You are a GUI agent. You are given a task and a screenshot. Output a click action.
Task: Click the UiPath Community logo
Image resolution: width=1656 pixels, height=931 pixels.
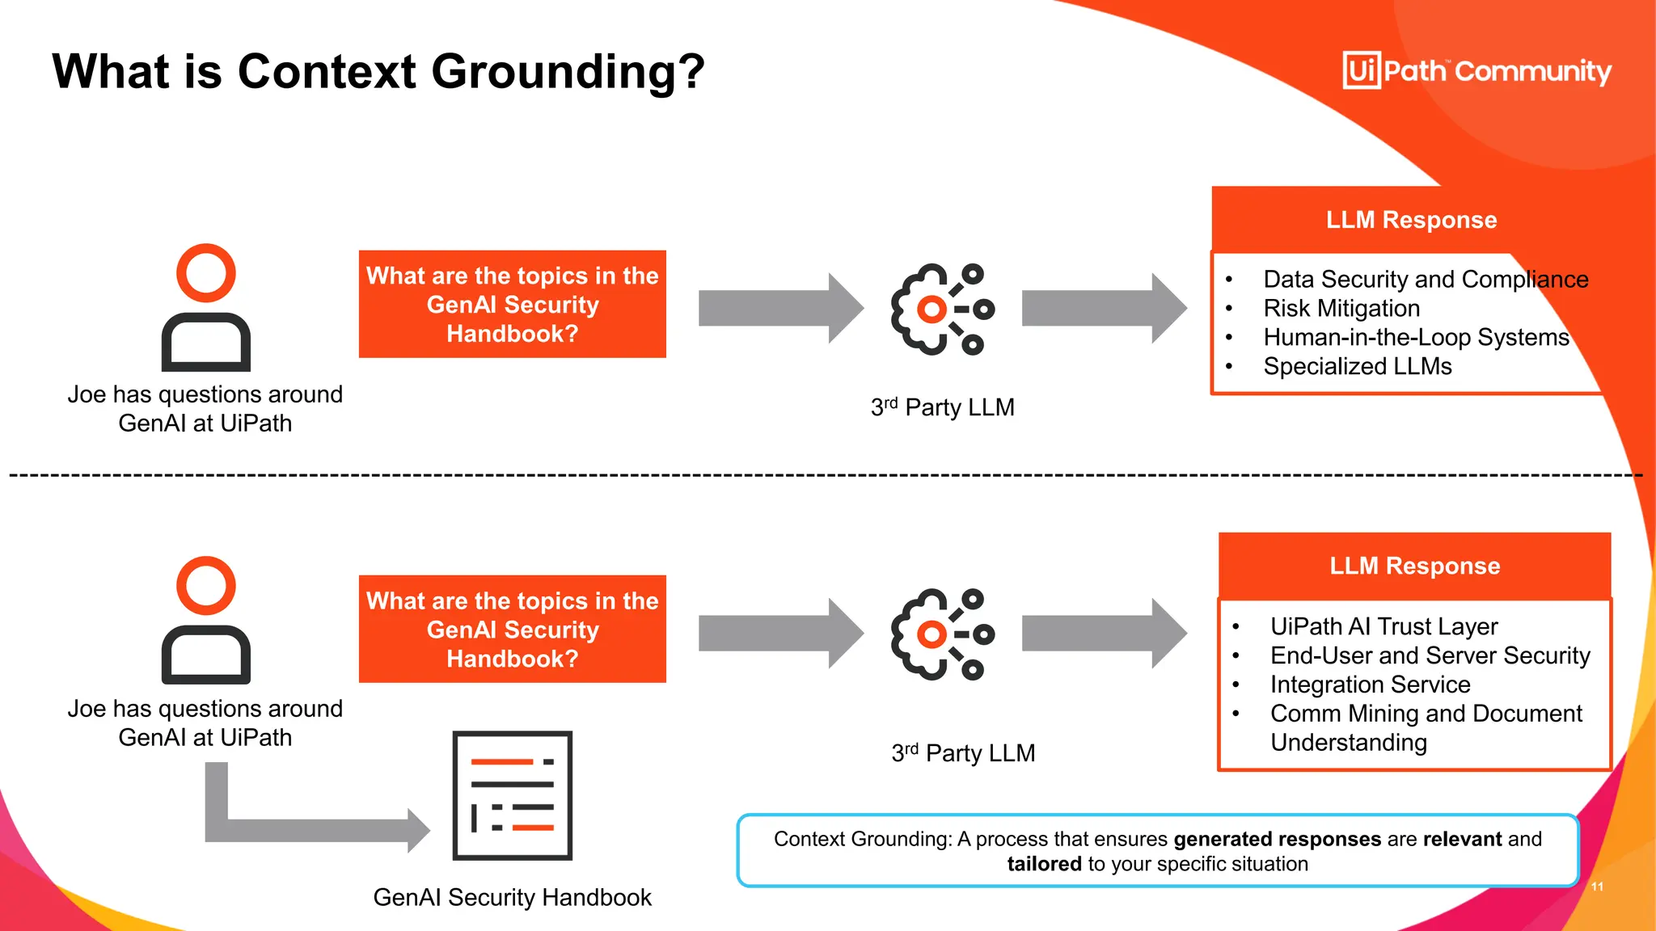point(1476,71)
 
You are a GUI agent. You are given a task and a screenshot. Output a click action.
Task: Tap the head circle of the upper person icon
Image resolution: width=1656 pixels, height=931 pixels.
point(206,273)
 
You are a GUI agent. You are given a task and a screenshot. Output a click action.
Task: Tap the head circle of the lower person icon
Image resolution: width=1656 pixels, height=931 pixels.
point(206,586)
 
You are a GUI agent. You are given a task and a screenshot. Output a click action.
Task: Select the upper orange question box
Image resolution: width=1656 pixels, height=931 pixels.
point(512,304)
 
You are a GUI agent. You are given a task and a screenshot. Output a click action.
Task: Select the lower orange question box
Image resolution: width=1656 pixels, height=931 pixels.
point(512,629)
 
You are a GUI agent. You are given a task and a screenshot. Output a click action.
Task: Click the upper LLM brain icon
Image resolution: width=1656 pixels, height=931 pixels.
point(941,309)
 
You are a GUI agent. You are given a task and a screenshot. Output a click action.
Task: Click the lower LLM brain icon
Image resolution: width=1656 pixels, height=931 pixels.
point(941,634)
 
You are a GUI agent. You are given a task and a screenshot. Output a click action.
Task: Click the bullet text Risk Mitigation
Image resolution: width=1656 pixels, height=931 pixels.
point(1341,308)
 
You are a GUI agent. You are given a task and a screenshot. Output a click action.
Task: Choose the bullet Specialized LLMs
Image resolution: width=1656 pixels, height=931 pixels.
point(1357,366)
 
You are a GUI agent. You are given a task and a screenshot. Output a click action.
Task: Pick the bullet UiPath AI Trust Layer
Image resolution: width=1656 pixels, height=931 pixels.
point(1384,626)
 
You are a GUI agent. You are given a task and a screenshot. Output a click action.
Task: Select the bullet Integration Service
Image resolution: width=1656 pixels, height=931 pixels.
point(1370,685)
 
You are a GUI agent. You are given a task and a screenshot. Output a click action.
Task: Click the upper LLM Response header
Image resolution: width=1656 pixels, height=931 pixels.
point(1411,220)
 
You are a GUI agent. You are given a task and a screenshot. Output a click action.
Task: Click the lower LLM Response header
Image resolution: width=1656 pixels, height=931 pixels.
point(1414,566)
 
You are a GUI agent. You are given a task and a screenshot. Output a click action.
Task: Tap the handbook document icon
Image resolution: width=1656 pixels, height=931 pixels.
point(512,795)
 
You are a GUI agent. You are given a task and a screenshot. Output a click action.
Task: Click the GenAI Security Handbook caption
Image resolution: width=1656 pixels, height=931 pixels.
point(512,897)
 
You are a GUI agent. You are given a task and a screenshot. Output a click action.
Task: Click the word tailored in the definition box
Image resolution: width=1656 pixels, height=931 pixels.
point(1044,864)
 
